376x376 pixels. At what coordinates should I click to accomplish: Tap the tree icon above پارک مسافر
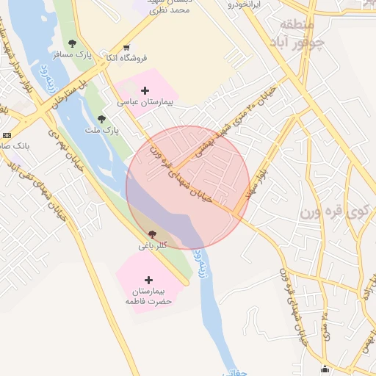[x=72, y=43]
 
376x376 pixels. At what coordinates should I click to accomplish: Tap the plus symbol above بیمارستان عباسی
[x=145, y=90]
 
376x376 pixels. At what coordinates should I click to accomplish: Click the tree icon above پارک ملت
[x=101, y=118]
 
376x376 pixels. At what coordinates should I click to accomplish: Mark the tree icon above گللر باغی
[x=152, y=234]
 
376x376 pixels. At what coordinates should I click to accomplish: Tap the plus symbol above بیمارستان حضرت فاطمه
[x=149, y=280]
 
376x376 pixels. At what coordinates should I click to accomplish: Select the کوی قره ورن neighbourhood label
[x=333, y=212]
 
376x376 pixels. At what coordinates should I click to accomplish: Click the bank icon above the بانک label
[x=7, y=135]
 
